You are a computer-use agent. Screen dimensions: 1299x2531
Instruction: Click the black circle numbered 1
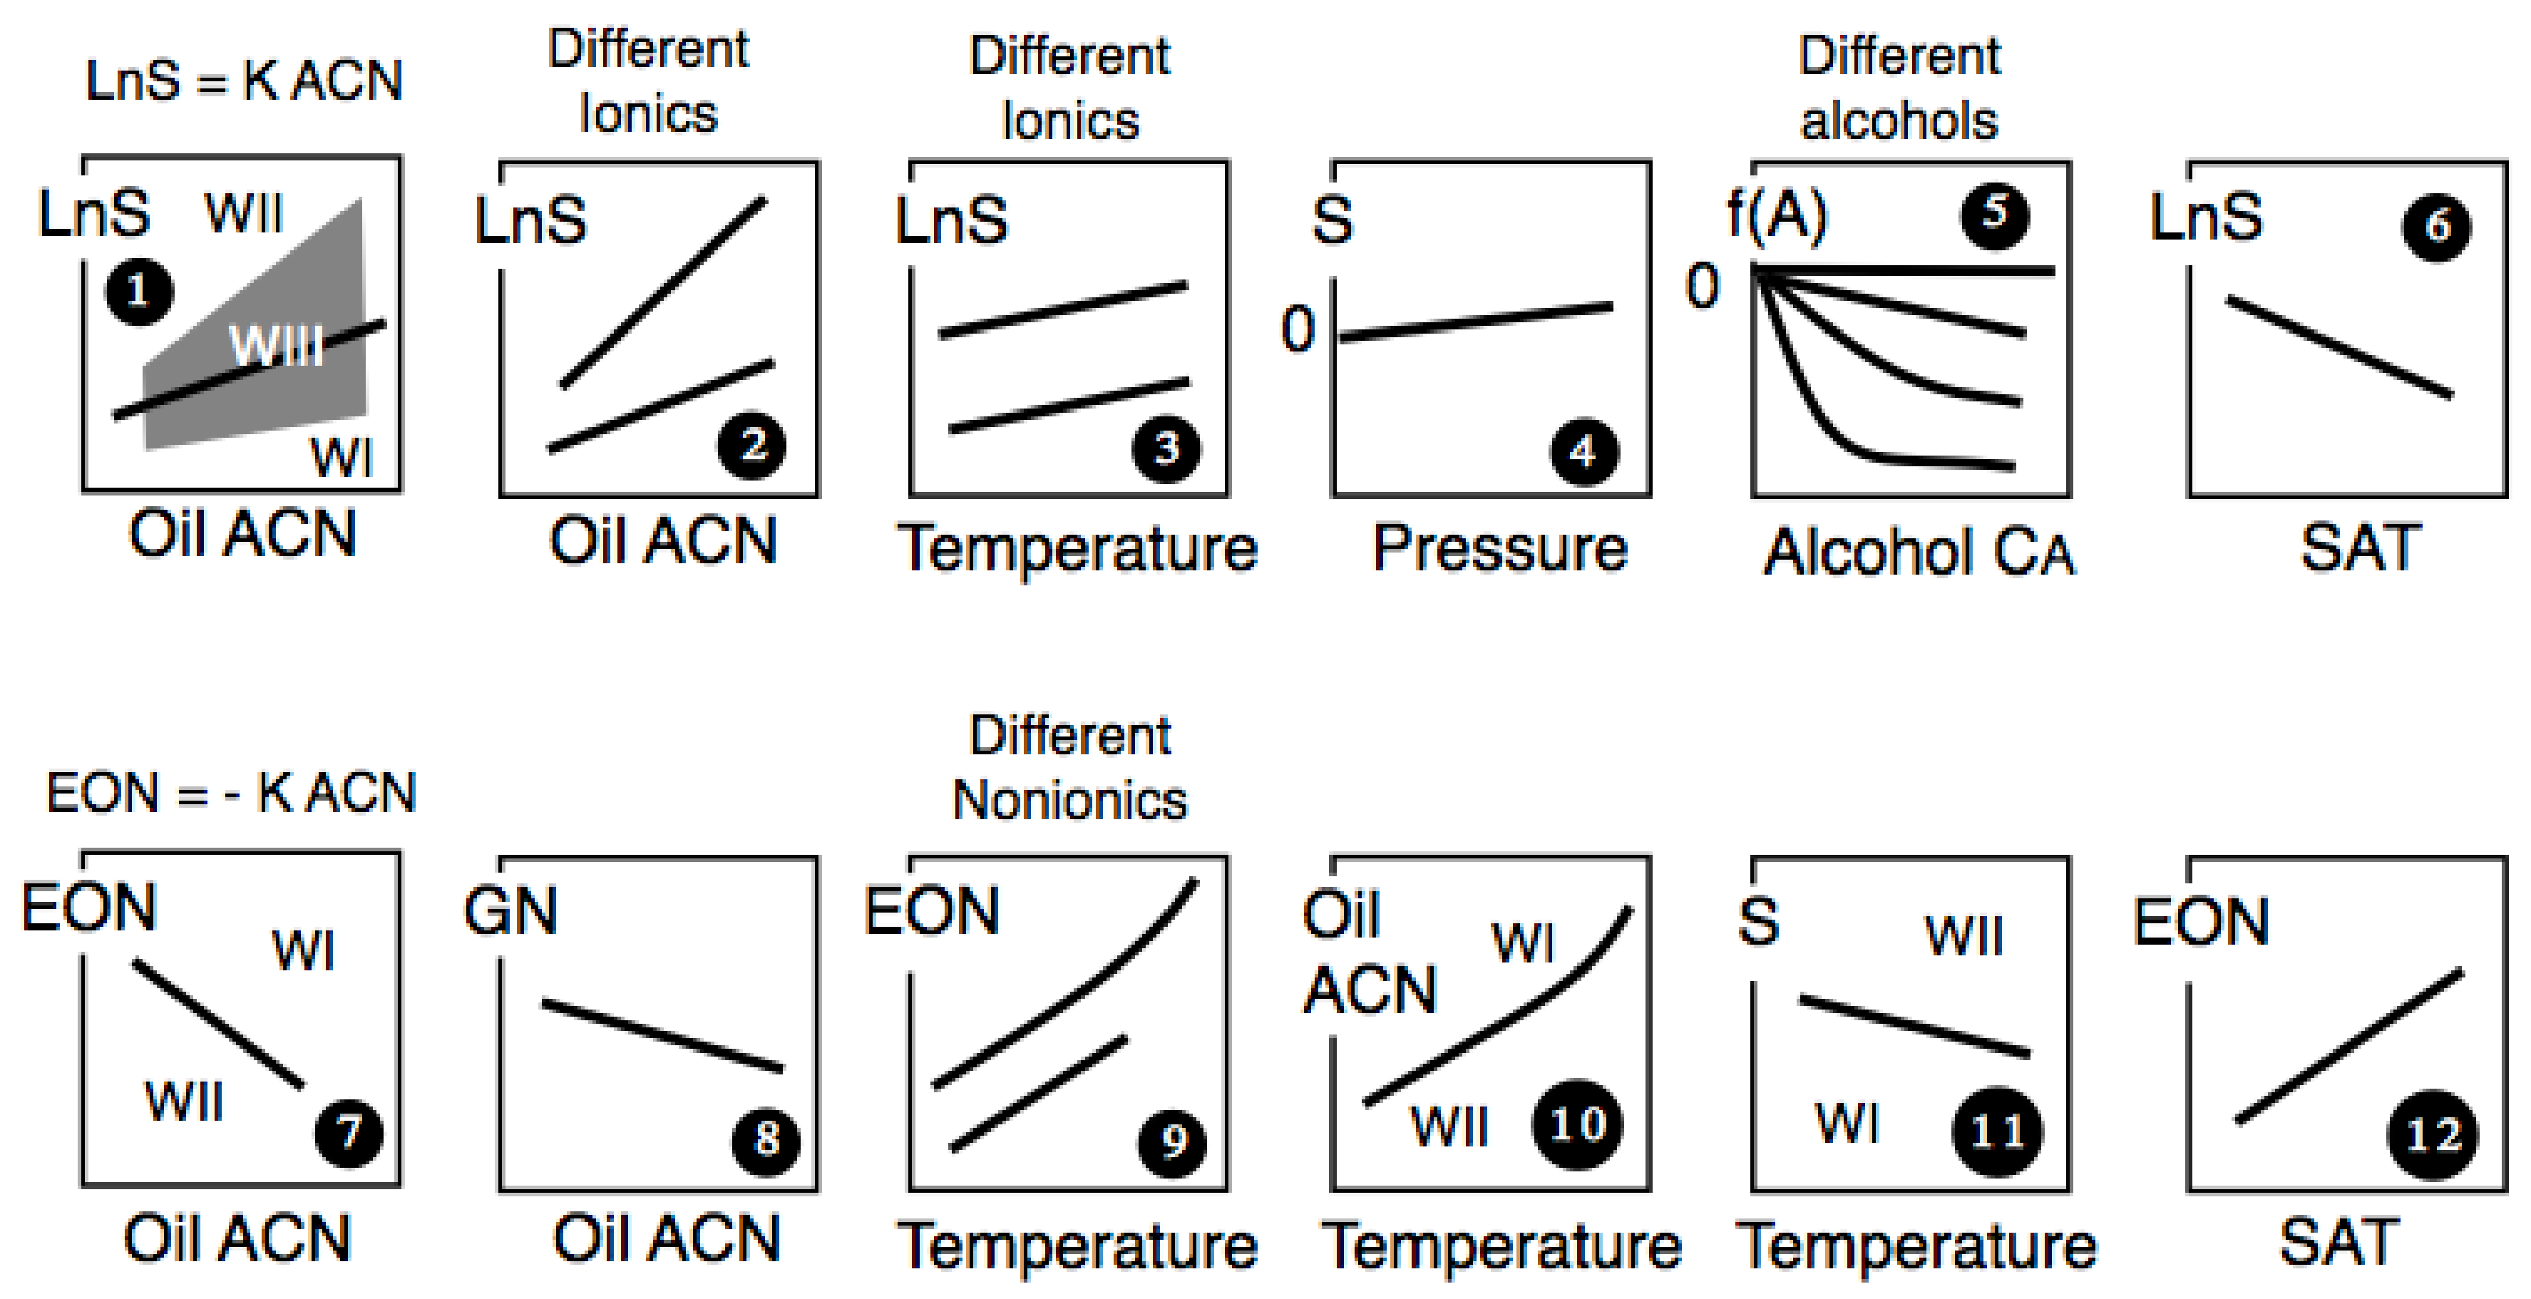tap(138, 292)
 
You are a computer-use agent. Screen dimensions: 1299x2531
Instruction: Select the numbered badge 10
tap(1577, 1126)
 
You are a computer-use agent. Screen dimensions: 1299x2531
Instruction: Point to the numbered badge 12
tap(2432, 1136)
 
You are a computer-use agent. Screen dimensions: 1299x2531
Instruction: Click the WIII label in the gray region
tap(276, 345)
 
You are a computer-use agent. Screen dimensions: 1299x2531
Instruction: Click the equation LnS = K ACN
tap(244, 81)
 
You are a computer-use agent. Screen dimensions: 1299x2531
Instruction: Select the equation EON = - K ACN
tap(232, 792)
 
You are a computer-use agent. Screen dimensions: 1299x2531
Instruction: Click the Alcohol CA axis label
tap(1919, 553)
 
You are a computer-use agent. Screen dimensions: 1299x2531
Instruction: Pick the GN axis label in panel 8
tap(510, 911)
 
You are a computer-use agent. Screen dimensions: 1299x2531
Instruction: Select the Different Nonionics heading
tap(1070, 767)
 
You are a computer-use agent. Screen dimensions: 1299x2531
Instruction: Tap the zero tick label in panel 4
tap(1298, 329)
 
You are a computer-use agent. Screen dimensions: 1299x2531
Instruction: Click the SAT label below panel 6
tap(2359, 548)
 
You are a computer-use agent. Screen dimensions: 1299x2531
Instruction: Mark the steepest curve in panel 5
tap(1817, 413)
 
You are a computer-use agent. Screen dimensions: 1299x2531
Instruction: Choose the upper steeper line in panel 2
tap(663, 292)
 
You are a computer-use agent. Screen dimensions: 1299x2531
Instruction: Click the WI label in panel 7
tap(304, 951)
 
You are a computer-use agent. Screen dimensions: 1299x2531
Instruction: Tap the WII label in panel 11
tap(1963, 935)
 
